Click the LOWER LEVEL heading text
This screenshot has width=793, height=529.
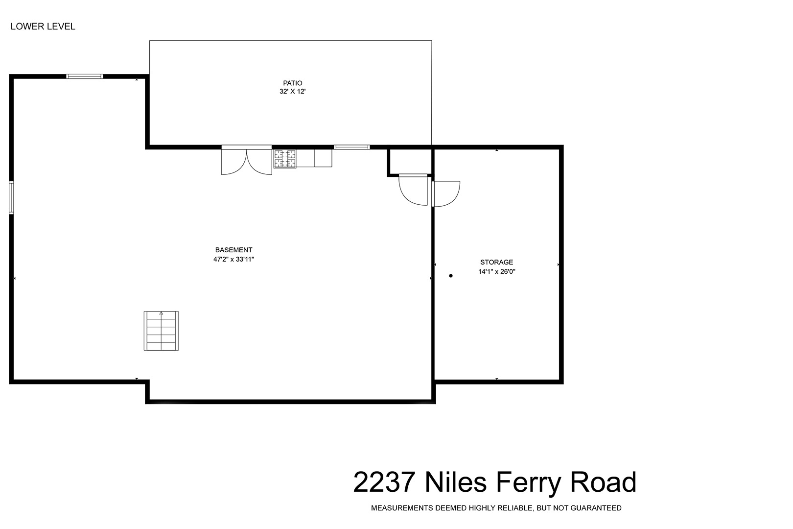43,26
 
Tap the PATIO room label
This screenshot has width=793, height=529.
292,83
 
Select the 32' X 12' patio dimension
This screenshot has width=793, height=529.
292,92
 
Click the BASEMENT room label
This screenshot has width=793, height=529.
233,250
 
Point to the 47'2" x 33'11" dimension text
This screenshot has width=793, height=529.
233,260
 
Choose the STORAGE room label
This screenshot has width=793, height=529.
496,262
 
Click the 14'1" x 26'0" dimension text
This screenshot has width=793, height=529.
496,272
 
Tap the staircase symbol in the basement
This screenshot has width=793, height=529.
161,331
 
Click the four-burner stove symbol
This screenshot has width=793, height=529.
284,158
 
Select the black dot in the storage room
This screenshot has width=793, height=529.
451,276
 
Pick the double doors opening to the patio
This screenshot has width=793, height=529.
246,160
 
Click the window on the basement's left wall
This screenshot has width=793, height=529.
11,198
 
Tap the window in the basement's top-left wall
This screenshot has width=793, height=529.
85,76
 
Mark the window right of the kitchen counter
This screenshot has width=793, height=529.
352,147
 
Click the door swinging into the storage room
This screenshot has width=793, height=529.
445,194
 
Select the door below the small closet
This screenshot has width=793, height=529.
413,190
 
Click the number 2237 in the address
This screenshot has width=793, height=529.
384,482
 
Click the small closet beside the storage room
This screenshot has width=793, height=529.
410,161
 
